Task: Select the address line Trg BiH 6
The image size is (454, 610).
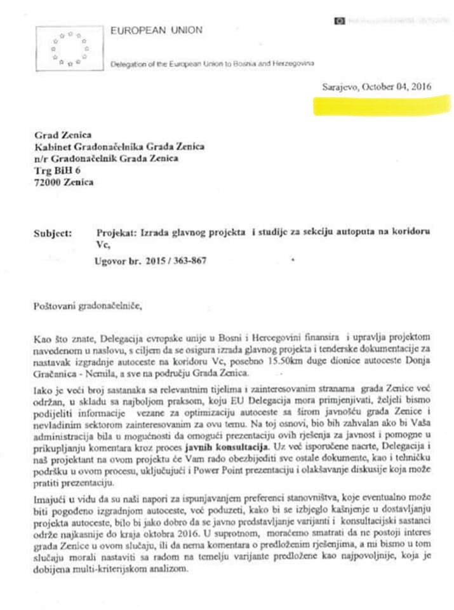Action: (57, 170)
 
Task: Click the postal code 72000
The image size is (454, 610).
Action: (48, 182)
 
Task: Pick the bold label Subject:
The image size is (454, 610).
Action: (53, 233)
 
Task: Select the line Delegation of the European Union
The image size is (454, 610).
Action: (212, 64)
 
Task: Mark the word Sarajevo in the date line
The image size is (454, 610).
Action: (336, 86)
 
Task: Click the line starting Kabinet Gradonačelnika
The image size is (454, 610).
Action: (119, 147)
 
